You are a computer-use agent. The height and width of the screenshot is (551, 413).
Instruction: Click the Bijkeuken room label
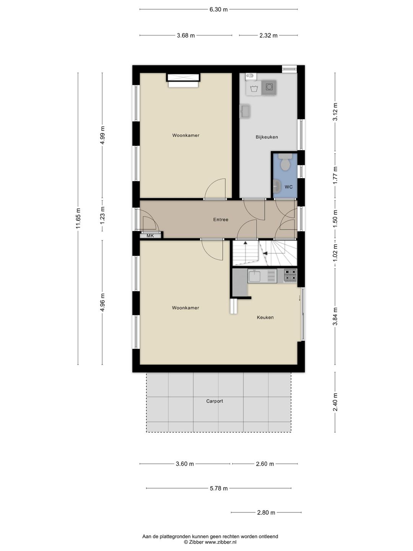(267, 137)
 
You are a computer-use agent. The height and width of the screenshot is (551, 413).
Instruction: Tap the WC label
(288, 187)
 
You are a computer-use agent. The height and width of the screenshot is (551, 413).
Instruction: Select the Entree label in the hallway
(221, 220)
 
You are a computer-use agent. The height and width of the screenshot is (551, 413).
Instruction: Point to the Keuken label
(265, 317)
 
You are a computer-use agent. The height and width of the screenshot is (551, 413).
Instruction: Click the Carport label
(215, 401)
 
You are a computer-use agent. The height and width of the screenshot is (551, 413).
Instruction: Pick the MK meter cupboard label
(150, 236)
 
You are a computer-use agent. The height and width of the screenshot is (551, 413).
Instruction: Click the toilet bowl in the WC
(285, 164)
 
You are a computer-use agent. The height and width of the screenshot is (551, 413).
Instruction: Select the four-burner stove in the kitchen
(290, 275)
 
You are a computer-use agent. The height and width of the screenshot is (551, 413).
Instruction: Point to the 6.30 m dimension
(218, 10)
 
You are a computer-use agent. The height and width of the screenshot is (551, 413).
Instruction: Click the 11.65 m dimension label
(78, 218)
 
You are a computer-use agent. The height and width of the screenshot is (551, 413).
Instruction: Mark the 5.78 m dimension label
(218, 488)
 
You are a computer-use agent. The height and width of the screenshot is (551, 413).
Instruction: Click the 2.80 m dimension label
(266, 512)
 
